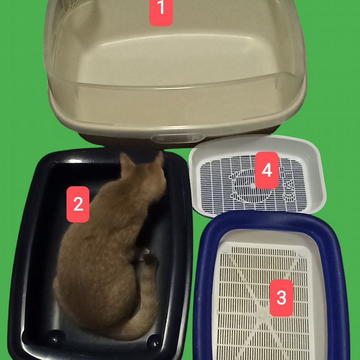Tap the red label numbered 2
coord(78,204)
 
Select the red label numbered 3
coord(281,298)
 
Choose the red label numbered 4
coord(267,170)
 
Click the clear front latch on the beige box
coord(177,138)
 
